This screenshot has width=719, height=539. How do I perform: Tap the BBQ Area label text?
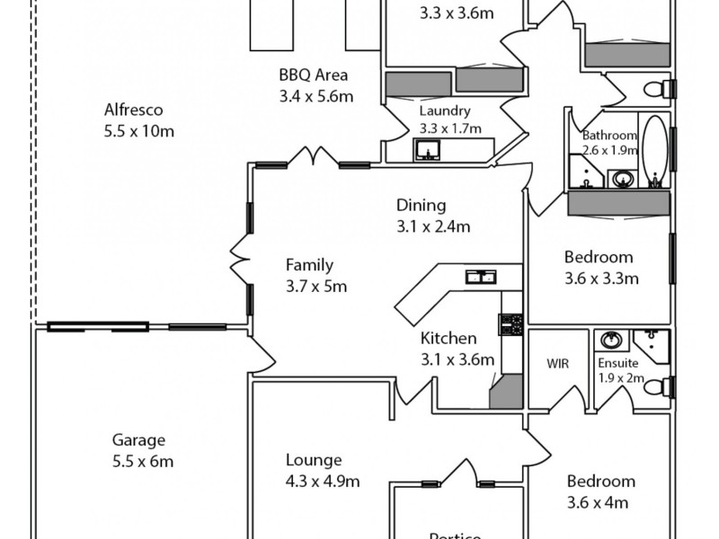(314, 75)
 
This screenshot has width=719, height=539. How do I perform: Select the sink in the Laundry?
(425, 150)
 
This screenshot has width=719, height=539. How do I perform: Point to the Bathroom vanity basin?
(621, 180)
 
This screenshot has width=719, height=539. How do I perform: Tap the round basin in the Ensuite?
(612, 340)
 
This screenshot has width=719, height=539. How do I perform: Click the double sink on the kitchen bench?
(480, 277)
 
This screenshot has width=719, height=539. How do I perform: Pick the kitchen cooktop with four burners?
(511, 324)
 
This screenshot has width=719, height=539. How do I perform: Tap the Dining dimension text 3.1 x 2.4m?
(433, 226)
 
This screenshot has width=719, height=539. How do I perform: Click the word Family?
(309, 265)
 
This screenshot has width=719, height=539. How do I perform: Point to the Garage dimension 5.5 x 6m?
(138, 462)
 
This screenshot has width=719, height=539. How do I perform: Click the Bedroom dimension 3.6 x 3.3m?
(600, 278)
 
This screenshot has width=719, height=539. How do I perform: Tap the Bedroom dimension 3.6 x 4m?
(597, 503)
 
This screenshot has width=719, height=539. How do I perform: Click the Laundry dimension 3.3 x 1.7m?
(445, 128)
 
